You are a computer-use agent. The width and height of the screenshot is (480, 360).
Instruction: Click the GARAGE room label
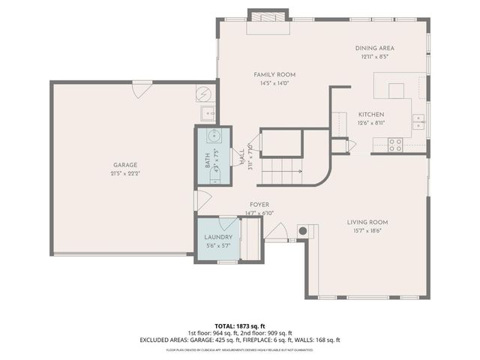click(125, 165)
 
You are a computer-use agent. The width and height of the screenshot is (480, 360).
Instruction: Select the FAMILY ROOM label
click(274, 74)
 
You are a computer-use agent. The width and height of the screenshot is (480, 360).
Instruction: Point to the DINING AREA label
click(374, 48)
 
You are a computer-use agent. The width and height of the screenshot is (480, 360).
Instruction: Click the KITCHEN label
click(370, 114)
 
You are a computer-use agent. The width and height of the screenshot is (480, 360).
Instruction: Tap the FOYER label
click(259, 205)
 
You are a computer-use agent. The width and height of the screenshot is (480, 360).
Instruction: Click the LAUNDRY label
click(218, 237)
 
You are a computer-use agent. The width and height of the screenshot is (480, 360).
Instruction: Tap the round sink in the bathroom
click(214, 136)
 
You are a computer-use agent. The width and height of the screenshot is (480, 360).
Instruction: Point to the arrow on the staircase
click(299, 172)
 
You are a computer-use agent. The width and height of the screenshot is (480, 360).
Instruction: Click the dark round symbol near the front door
click(304, 231)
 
